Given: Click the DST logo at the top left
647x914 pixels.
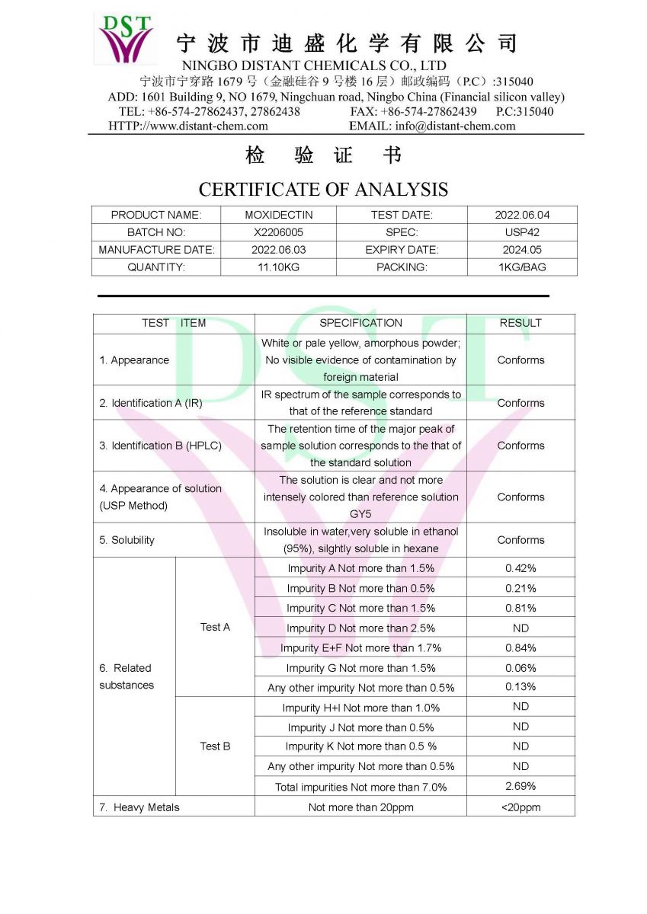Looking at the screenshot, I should [126, 38].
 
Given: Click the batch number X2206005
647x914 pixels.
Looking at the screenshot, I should [279, 232].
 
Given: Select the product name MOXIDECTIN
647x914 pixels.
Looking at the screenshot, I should [279, 215].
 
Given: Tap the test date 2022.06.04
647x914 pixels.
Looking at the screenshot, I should [522, 215].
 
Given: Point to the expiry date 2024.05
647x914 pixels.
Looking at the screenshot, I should [522, 250].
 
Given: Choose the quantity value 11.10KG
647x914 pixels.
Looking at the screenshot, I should [279, 267].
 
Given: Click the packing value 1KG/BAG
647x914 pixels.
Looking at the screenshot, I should [522, 267].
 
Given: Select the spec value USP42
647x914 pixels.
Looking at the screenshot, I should [522, 232].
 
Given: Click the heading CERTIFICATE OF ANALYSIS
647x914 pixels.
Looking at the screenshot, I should [323, 190].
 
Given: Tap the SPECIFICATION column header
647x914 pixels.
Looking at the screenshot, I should [360, 323].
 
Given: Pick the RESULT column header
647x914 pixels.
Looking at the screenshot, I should [520, 323].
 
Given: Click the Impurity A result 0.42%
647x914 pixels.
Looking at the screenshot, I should [520, 568].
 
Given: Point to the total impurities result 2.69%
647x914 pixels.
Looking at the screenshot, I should [520, 786].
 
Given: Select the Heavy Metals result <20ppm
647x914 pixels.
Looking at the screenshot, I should [520, 807].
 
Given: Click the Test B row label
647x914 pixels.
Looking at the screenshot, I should [215, 746].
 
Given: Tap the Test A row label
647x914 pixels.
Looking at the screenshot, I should [215, 627].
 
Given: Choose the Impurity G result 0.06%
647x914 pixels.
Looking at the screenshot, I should [520, 668].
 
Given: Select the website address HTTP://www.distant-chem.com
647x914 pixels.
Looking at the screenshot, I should [188, 126].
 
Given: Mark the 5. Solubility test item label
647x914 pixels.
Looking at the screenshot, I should [127, 540].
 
